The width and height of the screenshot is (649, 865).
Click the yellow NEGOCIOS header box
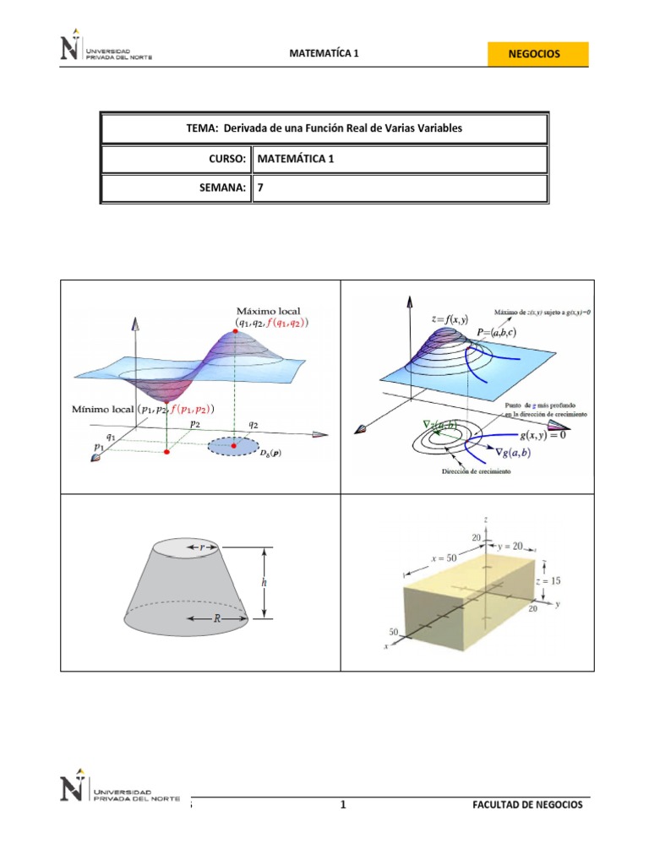tap(534, 53)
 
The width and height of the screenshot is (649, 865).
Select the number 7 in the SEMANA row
tap(260, 188)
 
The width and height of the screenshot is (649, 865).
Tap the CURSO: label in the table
tap(226, 159)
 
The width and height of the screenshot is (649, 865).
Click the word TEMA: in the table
tap(202, 128)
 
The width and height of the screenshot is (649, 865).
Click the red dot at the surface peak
tap(234, 320)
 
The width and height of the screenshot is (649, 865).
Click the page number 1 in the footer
tap(344, 805)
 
